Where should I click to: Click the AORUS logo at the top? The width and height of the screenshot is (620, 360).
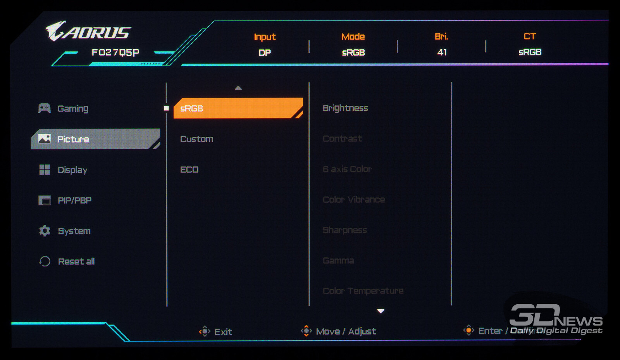point(88,31)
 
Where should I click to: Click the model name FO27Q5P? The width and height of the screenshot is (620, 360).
point(115,52)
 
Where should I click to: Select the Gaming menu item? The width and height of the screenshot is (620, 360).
point(72,109)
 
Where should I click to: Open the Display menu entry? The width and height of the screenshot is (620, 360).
point(72,170)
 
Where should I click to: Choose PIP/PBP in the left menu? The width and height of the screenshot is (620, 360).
point(74,200)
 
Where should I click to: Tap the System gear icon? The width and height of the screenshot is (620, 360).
point(45,231)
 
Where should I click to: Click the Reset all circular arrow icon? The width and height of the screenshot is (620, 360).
point(45,262)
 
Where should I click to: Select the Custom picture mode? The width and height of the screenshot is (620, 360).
point(196,139)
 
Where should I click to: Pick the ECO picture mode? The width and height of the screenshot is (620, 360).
point(189,170)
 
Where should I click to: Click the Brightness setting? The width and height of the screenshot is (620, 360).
point(345,108)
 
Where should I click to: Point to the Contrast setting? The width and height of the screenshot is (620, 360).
point(342,139)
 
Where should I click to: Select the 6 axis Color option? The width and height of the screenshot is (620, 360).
point(347,169)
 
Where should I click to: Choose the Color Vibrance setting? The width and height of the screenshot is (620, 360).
point(354,200)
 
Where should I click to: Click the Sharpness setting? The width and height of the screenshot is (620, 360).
point(344,230)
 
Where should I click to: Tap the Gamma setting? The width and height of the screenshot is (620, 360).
point(338,261)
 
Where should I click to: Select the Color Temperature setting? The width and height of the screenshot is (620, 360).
point(363,291)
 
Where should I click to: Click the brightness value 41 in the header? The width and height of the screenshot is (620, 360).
point(442,52)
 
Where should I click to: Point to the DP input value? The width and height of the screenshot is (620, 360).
point(265,53)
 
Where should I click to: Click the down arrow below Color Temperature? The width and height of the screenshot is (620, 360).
point(381,311)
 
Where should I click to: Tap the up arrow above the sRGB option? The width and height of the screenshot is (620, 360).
point(238,88)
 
